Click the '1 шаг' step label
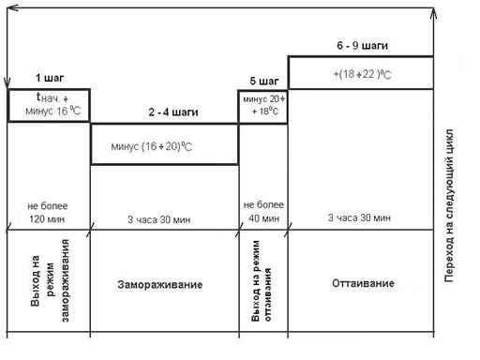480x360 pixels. (x=50, y=78)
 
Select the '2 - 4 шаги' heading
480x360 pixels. (x=173, y=112)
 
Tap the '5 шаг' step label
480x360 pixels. (x=264, y=82)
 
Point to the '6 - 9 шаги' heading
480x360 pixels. (x=363, y=46)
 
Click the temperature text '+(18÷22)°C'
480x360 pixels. (x=362, y=74)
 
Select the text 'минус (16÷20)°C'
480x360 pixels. (x=152, y=146)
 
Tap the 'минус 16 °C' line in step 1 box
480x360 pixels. (x=52, y=111)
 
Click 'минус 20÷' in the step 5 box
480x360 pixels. (x=264, y=99)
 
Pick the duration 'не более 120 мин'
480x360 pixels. (x=47, y=212)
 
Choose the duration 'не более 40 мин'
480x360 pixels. (x=263, y=211)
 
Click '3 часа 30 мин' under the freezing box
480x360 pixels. (x=158, y=219)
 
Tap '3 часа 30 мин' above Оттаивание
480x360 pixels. (x=359, y=217)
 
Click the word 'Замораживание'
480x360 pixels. (x=160, y=285)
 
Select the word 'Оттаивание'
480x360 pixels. (x=363, y=283)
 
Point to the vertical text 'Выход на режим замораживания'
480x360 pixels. (x=50, y=280)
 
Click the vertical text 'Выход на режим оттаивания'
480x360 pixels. (x=261, y=280)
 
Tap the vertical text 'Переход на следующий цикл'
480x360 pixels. (x=449, y=205)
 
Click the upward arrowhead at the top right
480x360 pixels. (x=433, y=14)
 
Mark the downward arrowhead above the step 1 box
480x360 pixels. (x=7, y=82)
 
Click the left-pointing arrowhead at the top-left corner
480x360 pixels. (x=13, y=7)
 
